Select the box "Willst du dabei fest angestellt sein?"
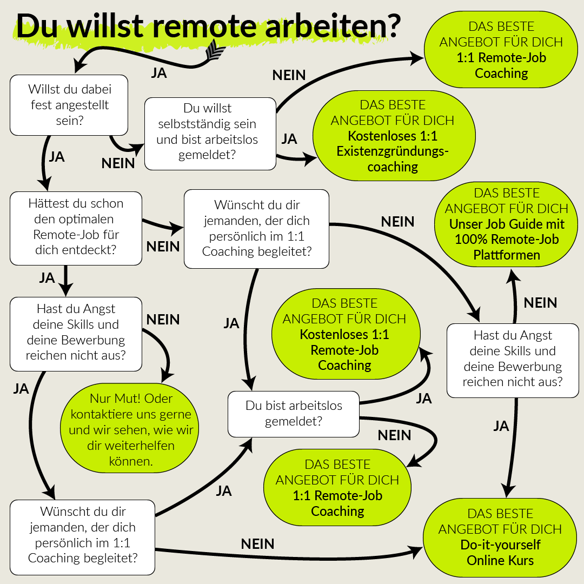point(69,104)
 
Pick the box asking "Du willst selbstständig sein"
point(210,134)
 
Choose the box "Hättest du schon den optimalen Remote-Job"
point(76,228)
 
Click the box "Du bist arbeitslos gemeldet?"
point(294,414)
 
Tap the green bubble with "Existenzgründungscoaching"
point(393,136)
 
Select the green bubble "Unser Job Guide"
point(507,224)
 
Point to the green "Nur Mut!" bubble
point(129,430)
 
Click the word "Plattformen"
point(507,255)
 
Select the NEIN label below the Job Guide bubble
point(540,303)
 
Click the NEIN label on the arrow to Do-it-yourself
point(257,543)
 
